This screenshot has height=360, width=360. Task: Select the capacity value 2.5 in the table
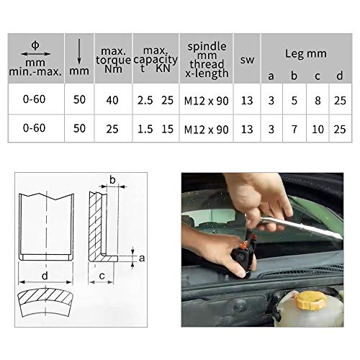pos(145,101)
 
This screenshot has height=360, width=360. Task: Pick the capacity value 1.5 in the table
pos(145,130)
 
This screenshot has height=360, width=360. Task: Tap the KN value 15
pos(167,130)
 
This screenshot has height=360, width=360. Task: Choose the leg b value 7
pos(294,130)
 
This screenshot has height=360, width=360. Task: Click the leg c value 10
pos(318,130)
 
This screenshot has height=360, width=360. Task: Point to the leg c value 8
pos(318,101)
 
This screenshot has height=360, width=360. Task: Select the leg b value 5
pos(294,101)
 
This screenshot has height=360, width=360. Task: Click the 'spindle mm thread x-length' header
pos(207,60)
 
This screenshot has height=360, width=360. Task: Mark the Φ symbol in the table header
pos(35,45)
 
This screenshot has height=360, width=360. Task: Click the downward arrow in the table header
pos(78,53)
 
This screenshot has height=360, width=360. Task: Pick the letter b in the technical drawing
pos(112,180)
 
